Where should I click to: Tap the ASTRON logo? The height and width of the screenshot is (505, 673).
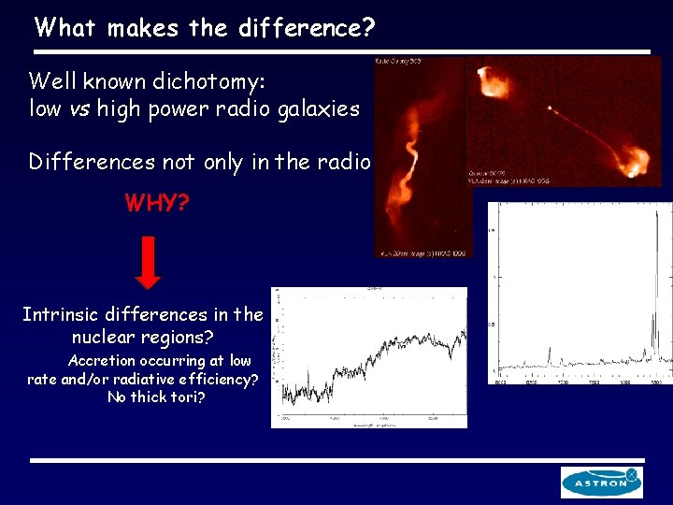[601, 482]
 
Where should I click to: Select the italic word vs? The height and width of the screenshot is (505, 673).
[78, 108]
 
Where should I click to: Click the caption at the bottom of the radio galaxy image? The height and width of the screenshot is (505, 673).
[423, 252]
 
